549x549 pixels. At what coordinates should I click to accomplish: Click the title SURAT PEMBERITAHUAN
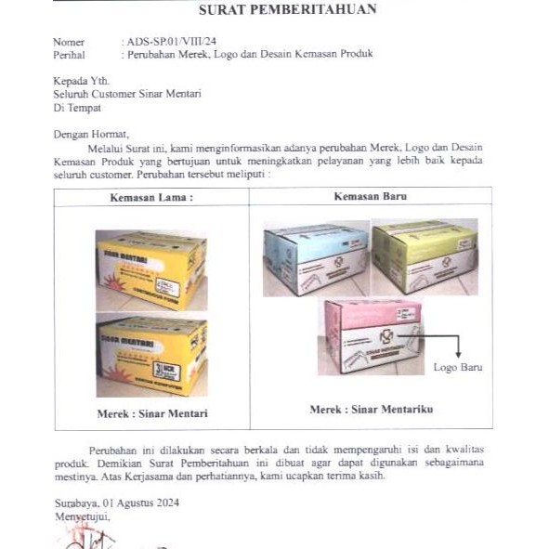[288, 11]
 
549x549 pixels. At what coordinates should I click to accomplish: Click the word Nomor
[69, 42]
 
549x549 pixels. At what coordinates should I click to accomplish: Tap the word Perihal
[70, 54]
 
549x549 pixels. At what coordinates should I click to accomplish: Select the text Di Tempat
[77, 107]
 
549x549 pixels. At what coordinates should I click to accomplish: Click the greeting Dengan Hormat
[92, 134]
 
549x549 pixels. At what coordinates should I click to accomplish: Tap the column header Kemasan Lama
[151, 198]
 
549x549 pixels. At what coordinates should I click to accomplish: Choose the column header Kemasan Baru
[371, 197]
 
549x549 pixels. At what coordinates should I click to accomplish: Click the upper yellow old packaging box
[151, 269]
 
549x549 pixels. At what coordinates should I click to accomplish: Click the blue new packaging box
[315, 257]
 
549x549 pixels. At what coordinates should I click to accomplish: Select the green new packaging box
[425, 255]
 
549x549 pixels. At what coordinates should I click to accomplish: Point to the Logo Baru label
[458, 368]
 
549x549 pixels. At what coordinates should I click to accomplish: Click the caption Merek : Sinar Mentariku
[371, 409]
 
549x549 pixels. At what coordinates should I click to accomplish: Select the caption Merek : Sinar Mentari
[151, 413]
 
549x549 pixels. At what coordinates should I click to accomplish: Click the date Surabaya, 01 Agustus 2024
[116, 503]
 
